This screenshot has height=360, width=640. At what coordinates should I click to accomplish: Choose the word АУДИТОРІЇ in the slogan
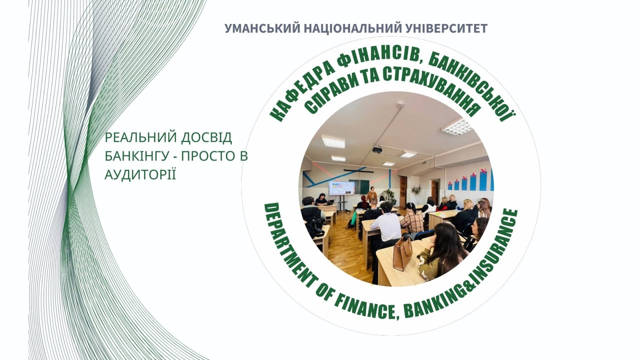click(140, 174)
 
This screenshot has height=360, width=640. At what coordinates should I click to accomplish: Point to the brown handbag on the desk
click(402, 254)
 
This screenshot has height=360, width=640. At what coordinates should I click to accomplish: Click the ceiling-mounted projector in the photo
click(378, 150)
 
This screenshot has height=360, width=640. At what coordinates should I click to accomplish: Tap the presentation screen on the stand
click(341, 188)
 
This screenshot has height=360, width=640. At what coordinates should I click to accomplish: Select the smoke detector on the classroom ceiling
click(401, 105)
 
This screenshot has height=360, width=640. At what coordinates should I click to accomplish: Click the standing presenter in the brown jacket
click(372, 195)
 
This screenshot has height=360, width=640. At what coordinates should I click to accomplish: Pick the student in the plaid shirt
click(412, 219)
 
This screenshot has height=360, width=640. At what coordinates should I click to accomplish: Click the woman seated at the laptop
click(322, 199)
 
